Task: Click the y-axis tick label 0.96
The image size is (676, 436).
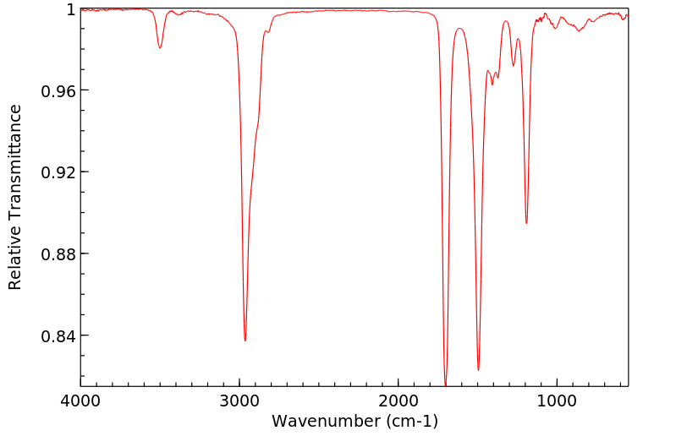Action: tap(58, 90)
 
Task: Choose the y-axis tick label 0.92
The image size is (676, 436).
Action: tap(58, 172)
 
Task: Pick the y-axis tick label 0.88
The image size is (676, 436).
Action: tap(58, 254)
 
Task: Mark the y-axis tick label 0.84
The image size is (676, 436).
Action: tap(58, 336)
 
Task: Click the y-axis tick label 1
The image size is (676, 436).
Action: tap(70, 9)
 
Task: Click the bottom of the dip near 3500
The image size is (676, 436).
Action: tap(160, 48)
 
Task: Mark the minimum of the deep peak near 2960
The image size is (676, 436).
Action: tap(245, 341)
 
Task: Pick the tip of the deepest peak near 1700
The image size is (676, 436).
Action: tap(446, 384)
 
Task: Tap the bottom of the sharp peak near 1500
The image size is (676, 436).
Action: tap(478, 370)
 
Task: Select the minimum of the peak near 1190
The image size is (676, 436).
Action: tap(526, 224)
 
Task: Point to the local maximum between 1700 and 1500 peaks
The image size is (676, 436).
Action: tap(459, 28)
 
